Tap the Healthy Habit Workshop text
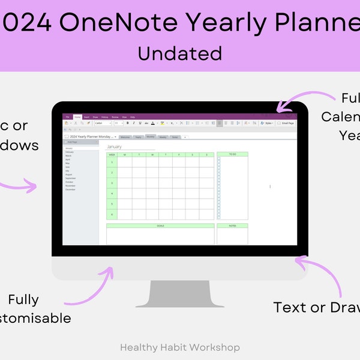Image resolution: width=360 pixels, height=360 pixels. point(179,347)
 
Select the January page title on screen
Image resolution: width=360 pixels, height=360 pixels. point(114,146)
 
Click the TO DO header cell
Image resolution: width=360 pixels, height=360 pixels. point(232,154)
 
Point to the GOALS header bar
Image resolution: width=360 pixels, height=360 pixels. point(160,226)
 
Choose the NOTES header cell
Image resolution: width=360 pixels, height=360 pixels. point(232,226)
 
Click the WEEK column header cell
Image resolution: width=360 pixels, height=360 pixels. point(112,154)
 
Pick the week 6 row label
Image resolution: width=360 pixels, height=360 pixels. point(112,214)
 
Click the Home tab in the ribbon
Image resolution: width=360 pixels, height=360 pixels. point(77,117)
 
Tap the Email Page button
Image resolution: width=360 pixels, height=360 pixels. point(287,123)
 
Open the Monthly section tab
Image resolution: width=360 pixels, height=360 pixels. point(151,137)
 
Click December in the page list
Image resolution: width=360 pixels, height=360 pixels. point(71,189)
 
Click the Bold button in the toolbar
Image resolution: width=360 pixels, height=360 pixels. point(127,123)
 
